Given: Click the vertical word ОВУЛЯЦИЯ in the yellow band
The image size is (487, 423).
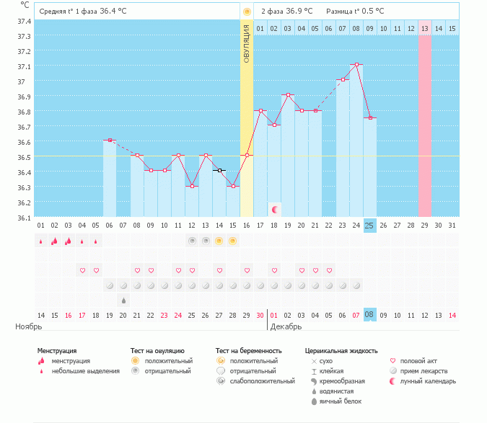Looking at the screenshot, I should (247, 45).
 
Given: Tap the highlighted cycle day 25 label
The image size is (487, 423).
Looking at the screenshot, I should (369, 226).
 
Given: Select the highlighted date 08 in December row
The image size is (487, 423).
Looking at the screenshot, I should (369, 315).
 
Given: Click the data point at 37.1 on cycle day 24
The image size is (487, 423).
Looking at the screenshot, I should (356, 65).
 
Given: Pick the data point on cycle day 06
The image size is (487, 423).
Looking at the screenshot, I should (110, 141).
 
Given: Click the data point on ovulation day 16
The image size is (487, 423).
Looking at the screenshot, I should (247, 155).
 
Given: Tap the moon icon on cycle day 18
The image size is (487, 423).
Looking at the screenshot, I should (274, 210).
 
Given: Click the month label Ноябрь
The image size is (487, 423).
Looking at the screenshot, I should (30, 326).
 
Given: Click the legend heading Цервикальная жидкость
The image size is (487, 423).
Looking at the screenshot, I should (341, 351).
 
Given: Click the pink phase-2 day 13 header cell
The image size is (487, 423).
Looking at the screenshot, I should (424, 28).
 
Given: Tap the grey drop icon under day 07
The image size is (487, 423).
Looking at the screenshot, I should (123, 300).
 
